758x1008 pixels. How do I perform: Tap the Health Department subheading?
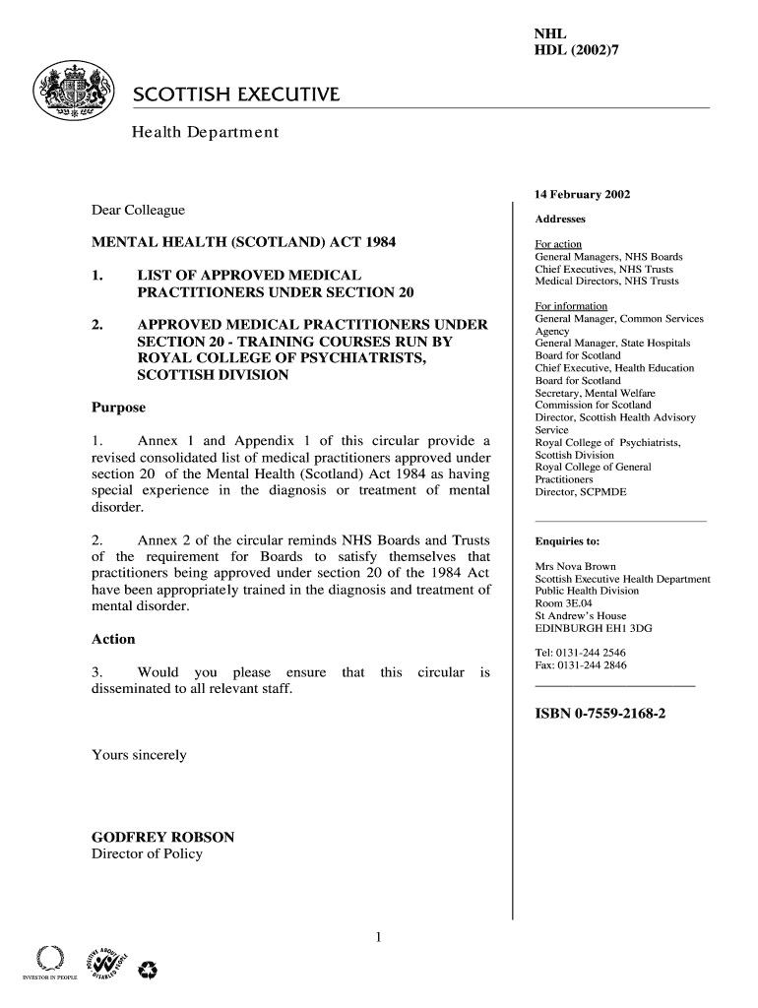pyautogui.click(x=206, y=132)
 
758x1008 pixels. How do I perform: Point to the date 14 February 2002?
pyautogui.click(x=583, y=194)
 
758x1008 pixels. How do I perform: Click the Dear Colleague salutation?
pyautogui.click(x=138, y=210)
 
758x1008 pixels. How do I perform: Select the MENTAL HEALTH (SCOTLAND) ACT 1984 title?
pyautogui.click(x=243, y=242)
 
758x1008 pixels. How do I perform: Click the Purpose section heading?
pyautogui.click(x=118, y=408)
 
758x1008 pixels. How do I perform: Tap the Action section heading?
pyautogui.click(x=113, y=639)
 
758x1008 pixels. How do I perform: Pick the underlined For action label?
pyautogui.click(x=558, y=244)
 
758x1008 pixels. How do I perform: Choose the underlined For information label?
pyautogui.click(x=571, y=306)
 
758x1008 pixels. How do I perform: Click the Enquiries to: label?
pyautogui.click(x=567, y=541)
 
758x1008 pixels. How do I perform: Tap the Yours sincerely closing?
pyautogui.click(x=139, y=755)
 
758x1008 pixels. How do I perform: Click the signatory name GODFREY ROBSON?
pyautogui.click(x=162, y=837)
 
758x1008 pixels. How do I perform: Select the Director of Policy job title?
pyautogui.click(x=147, y=853)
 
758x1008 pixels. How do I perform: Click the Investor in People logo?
pyautogui.click(x=43, y=963)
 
